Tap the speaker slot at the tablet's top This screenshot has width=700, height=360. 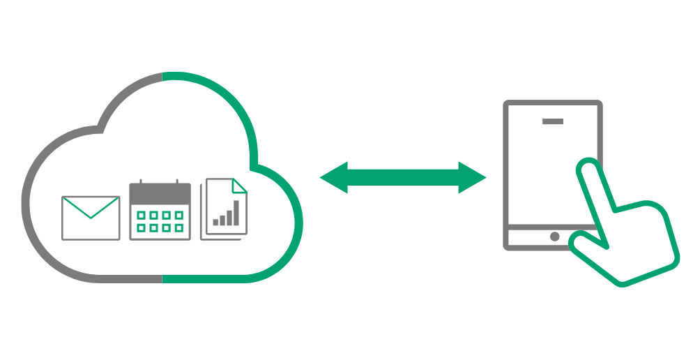point(553,121)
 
